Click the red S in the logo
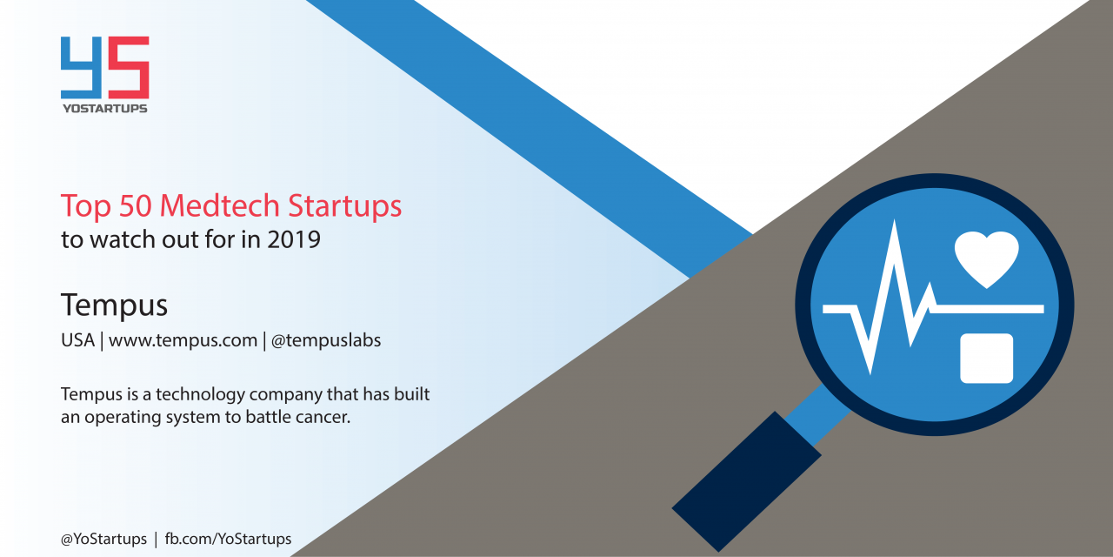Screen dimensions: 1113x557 coord(129,68)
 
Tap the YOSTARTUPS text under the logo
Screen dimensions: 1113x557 coord(105,109)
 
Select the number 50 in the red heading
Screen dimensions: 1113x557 coord(135,205)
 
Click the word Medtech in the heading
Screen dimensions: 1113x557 coord(220,205)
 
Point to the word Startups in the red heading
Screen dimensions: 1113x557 coord(345,206)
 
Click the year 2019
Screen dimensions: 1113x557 coord(294,239)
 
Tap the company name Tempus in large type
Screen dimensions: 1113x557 coord(114,305)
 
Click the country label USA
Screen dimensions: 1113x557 coord(77,340)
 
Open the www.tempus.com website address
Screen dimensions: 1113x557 coord(183,340)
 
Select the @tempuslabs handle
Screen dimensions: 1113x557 coord(326,340)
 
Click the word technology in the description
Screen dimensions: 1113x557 coord(200,395)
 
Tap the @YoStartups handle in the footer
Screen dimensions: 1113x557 coord(103,539)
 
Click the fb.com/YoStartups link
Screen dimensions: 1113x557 coord(228,539)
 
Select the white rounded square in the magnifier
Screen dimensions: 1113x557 coord(986,358)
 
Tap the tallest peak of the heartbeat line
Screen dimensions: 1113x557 coord(895,221)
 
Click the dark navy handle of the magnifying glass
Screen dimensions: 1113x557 coord(746,481)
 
